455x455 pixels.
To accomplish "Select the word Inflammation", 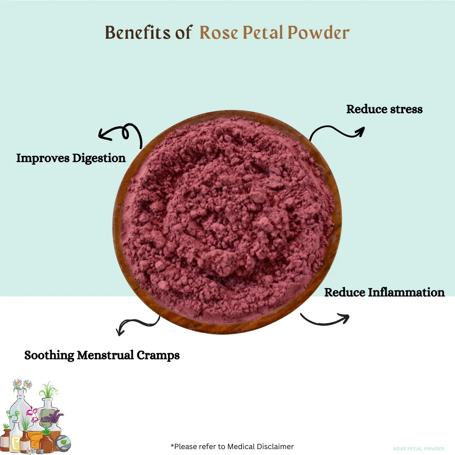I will [406, 292].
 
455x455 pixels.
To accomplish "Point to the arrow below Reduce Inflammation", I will [324, 319].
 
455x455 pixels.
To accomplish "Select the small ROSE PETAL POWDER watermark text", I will [418, 449].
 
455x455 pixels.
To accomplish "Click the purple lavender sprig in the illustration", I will [54, 417].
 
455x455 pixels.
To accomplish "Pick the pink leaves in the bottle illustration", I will [31, 411].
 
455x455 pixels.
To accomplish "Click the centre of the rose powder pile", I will [227, 219].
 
